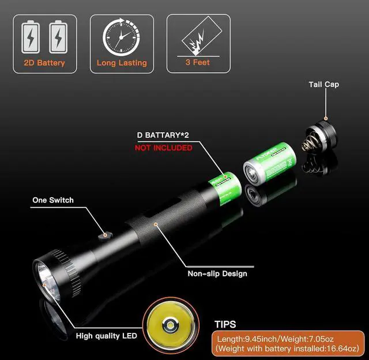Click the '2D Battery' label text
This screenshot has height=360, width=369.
[x=44, y=63]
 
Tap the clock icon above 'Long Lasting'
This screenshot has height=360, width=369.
[x=121, y=37]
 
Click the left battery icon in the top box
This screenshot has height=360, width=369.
[x=31, y=37]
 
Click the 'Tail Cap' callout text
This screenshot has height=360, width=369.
[x=323, y=84]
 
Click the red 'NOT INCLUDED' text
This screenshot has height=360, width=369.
[x=163, y=148]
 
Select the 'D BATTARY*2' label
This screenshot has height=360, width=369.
[x=164, y=136]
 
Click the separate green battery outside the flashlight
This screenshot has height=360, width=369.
[x=270, y=164]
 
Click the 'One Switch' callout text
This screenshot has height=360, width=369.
[x=53, y=200]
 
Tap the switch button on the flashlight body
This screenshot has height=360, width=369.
[x=104, y=234]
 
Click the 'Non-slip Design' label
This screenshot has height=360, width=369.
[x=217, y=273]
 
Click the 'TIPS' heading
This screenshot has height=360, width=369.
[x=225, y=325]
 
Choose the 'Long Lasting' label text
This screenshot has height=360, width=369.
[x=122, y=63]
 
